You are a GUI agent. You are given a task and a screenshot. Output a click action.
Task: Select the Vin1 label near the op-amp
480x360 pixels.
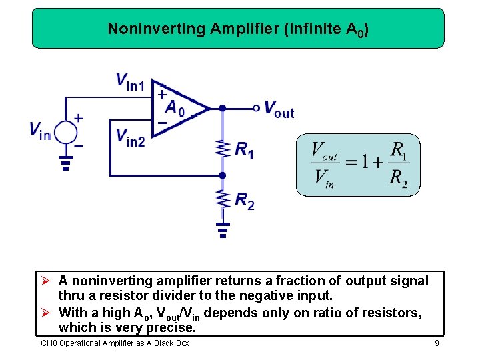pyautogui.click(x=130, y=82)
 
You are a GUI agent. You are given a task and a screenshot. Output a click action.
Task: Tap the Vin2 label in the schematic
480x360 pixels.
pyautogui.click(x=130, y=137)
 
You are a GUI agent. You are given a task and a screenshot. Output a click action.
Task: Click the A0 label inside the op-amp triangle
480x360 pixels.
pyautogui.click(x=175, y=107)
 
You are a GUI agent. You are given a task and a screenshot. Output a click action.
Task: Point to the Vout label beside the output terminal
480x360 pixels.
pyautogui.click(x=279, y=108)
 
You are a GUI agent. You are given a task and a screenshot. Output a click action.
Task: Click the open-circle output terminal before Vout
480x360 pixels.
pyautogui.click(x=255, y=107)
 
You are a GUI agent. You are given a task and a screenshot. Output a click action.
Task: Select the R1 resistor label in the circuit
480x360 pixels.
pyautogui.click(x=244, y=150)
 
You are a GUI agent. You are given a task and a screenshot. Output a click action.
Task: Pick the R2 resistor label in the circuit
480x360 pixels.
pyautogui.click(x=244, y=200)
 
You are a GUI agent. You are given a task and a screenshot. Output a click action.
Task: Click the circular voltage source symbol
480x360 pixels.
pyautogui.click(x=65, y=131)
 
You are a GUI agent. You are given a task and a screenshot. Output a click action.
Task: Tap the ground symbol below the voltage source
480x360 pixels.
pyautogui.click(x=65, y=163)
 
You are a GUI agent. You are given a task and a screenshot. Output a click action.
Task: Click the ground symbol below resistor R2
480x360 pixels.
pyautogui.click(x=223, y=229)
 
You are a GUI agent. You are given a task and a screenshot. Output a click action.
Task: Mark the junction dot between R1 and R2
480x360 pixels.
pyautogui.click(x=223, y=175)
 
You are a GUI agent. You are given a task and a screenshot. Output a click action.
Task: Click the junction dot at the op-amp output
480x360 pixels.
pyautogui.click(x=223, y=107)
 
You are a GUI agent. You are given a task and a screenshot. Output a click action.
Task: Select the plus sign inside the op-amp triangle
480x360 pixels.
pyautogui.click(x=162, y=95)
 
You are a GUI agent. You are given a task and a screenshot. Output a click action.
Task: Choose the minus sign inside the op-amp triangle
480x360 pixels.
pyautogui.click(x=162, y=122)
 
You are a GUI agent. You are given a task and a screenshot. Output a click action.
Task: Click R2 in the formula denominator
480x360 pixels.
pyautogui.click(x=398, y=178)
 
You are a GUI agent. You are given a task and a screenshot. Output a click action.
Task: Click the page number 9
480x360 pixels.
pyautogui.click(x=436, y=343)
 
